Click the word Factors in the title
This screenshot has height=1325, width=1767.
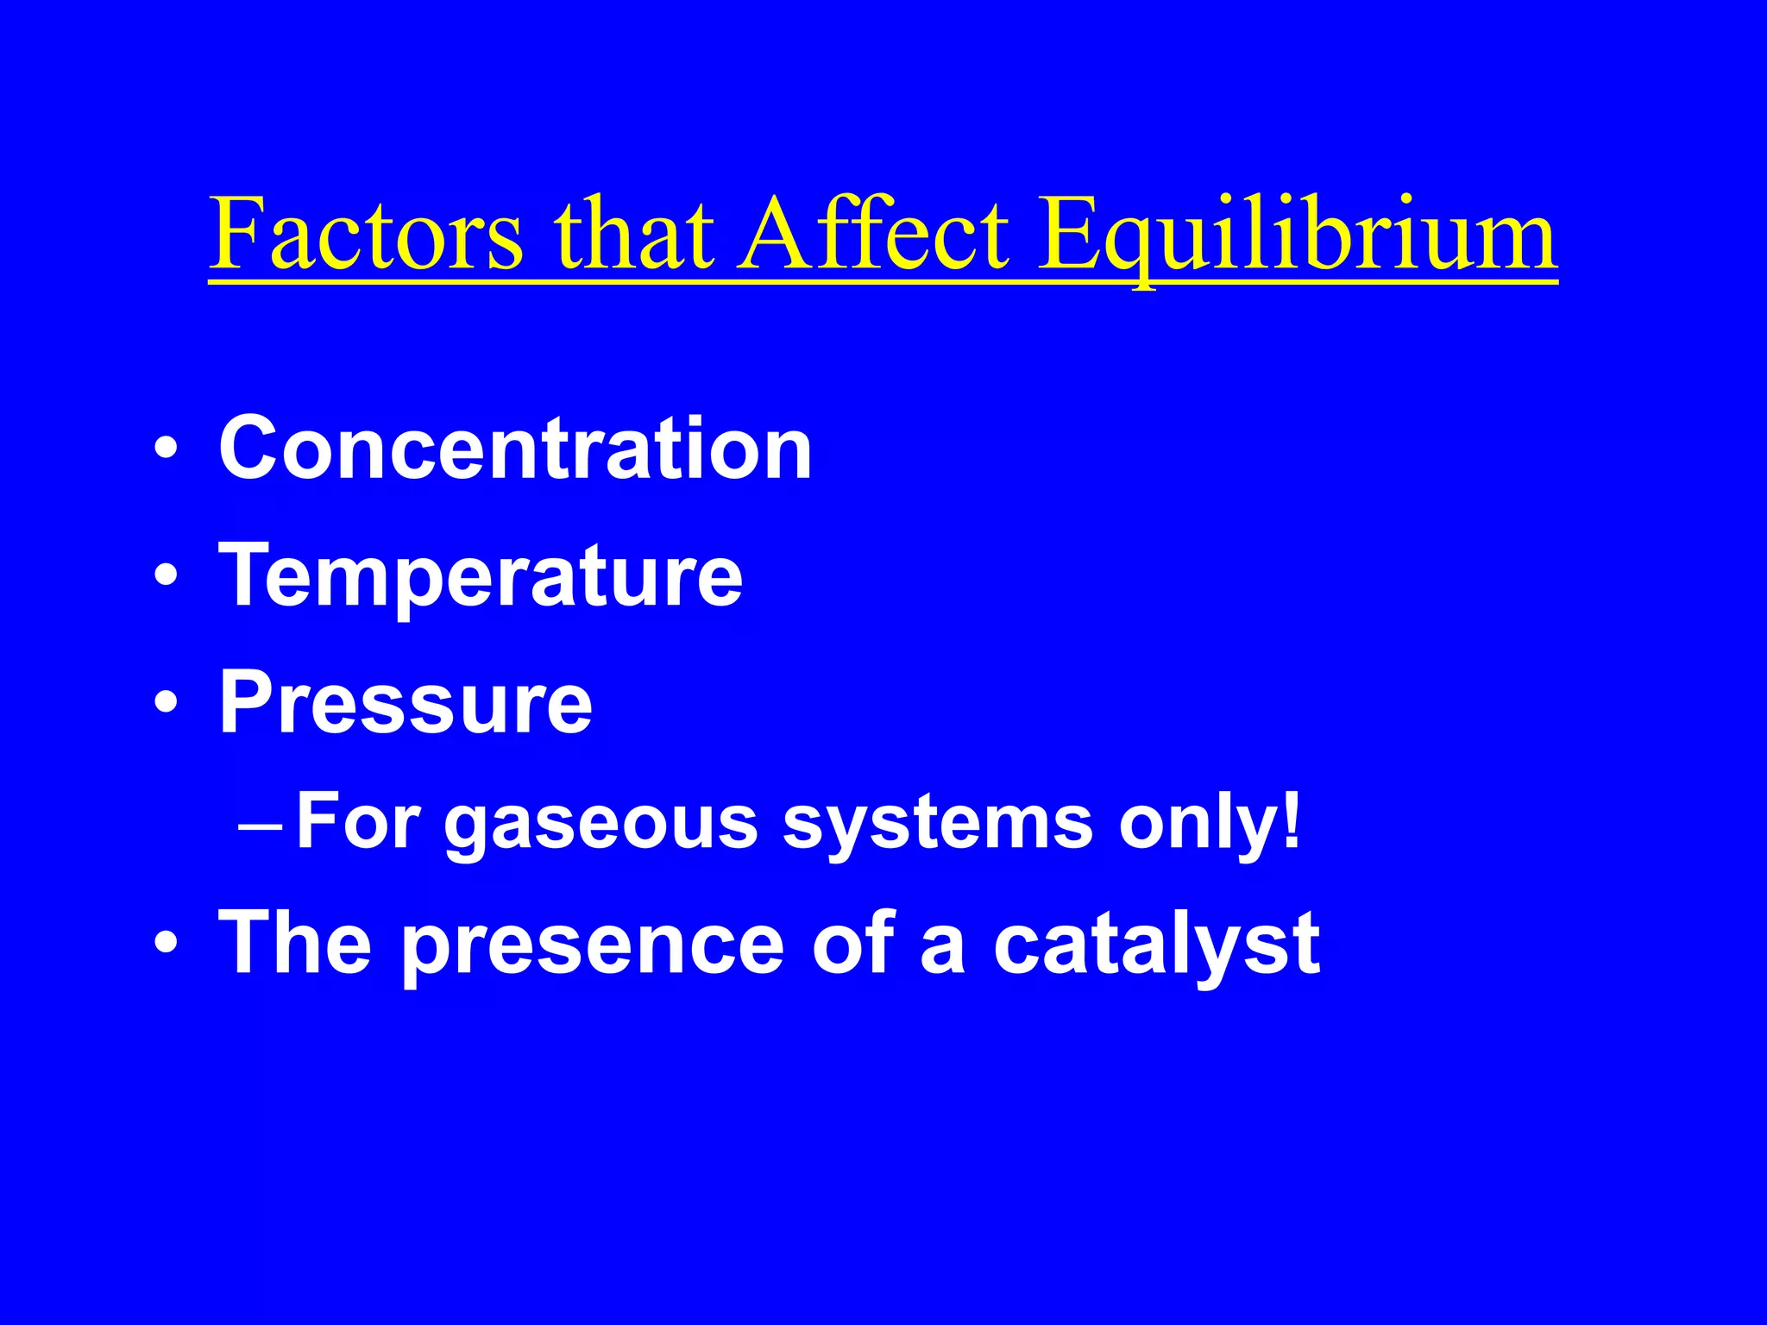(367, 233)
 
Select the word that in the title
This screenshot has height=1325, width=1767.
(634, 233)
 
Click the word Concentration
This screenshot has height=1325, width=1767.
(515, 449)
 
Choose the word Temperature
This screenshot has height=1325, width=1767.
(481, 577)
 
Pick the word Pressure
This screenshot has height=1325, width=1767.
(406, 703)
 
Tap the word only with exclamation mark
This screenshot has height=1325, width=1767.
(1209, 824)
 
